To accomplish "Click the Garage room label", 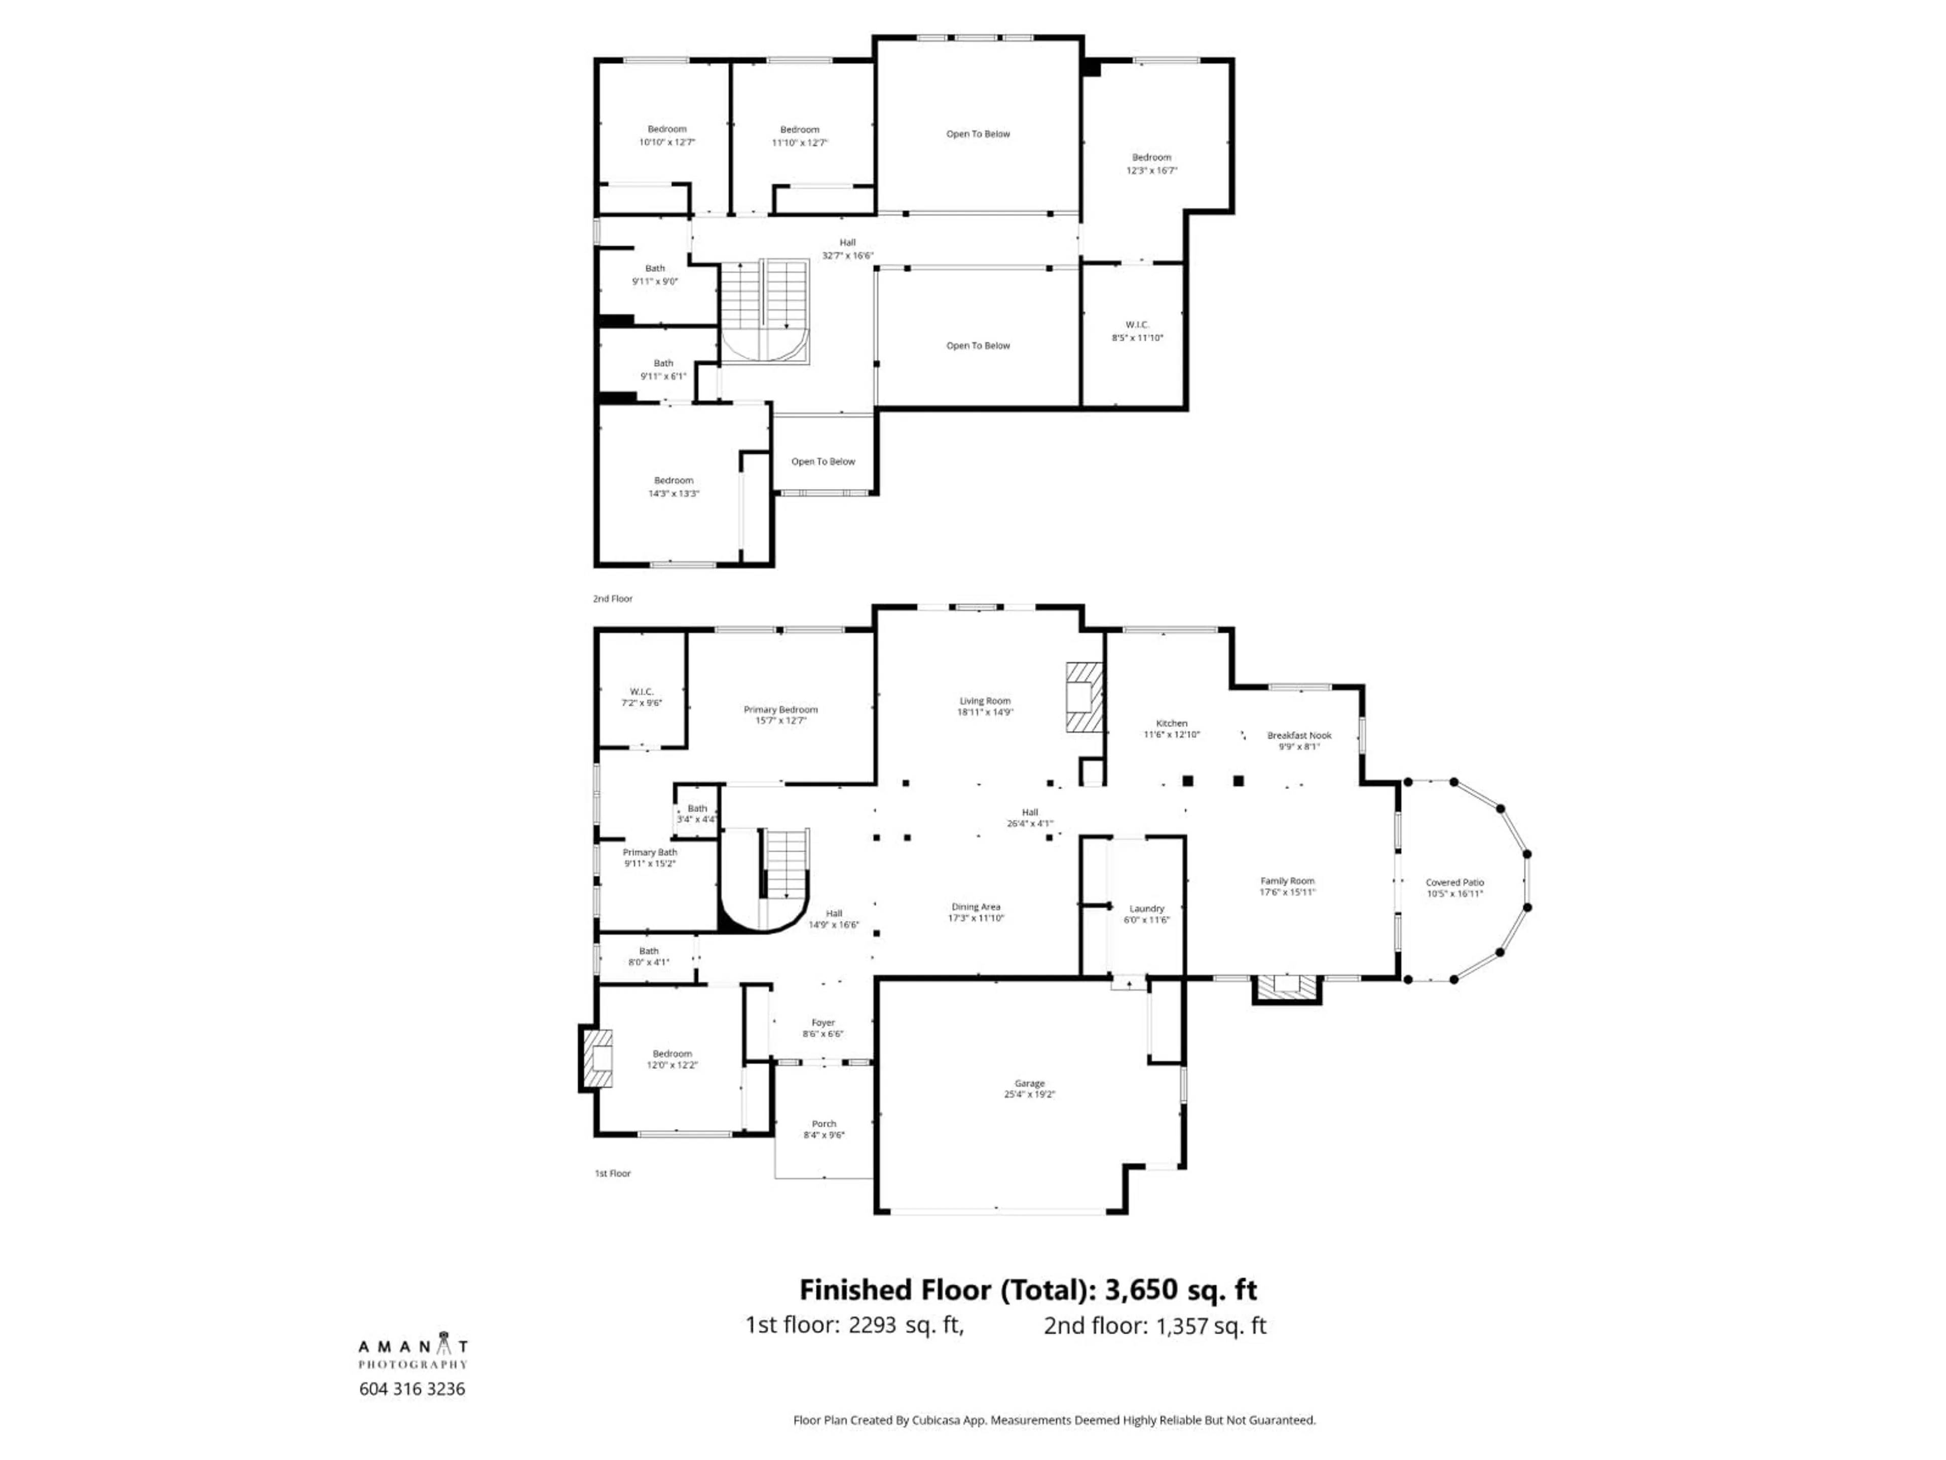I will tap(1029, 1083).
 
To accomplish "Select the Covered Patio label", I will tap(1454, 882).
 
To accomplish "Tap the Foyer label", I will tap(822, 1023).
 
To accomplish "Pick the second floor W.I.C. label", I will tap(1137, 325).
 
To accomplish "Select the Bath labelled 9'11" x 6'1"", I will tap(663, 369).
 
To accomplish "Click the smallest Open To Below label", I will tap(822, 461).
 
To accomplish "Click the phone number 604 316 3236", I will tap(411, 1389).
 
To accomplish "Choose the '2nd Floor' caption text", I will tap(612, 598).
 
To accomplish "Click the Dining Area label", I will tap(976, 906).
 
